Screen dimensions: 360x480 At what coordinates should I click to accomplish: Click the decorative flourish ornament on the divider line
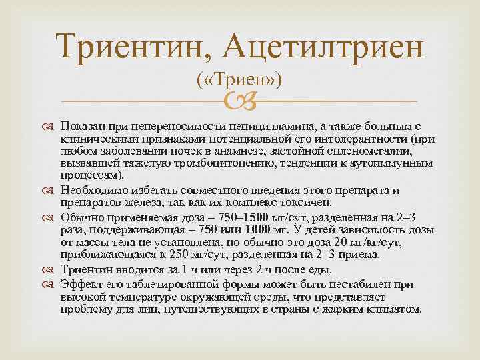click(x=239, y=102)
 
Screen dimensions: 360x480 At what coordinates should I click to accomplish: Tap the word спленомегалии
click(x=381, y=151)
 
